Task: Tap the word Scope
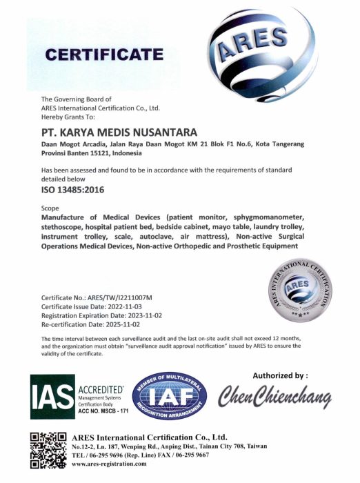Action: pyautogui.click(x=51, y=207)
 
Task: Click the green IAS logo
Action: pyautogui.click(x=52, y=396)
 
